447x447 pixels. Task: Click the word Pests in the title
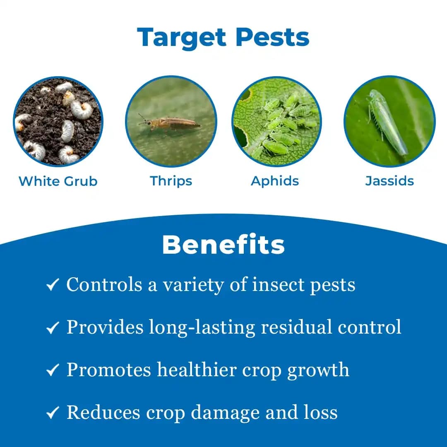[272, 38]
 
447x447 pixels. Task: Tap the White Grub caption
[58, 181]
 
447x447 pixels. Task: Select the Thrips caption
[171, 181]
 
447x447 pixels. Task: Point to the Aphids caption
[275, 181]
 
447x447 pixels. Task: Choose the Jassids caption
[389, 181]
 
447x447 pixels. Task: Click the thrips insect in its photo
[170, 123]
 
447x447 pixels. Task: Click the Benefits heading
[223, 245]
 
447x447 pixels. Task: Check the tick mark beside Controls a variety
[53, 285]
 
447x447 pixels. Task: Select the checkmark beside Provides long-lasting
[53, 328]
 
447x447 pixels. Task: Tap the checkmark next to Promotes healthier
[53, 370]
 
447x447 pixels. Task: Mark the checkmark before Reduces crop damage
[53, 413]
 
